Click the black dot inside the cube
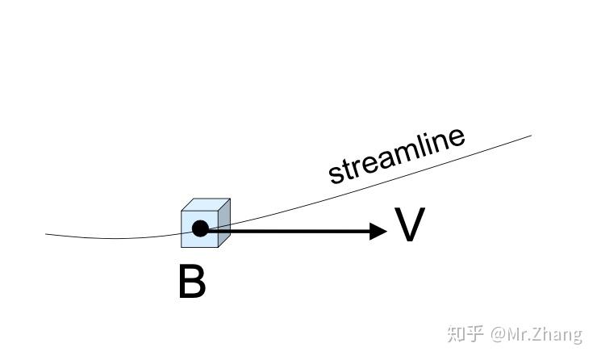200,228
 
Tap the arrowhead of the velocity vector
378,232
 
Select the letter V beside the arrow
409,225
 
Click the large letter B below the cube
191,283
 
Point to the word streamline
396,155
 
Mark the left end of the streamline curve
47,234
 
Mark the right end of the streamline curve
531,135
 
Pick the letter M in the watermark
515,333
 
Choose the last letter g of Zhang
576,336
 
